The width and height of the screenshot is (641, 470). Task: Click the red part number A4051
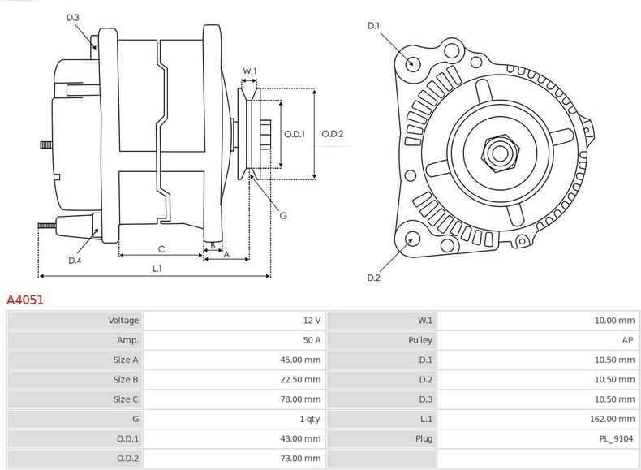coord(25,300)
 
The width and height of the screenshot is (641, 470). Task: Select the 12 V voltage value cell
coord(312,321)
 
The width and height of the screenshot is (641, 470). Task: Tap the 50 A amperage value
coord(312,340)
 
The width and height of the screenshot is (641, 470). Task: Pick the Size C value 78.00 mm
coord(300,399)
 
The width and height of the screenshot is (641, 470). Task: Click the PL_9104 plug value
coord(616,439)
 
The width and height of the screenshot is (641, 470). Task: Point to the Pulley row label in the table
coord(420,340)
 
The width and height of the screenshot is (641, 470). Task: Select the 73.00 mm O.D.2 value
coord(300,459)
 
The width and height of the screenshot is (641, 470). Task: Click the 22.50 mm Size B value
coord(300,380)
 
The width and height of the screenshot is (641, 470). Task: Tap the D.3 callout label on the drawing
coord(73,18)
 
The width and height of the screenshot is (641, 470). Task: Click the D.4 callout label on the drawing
coord(75,261)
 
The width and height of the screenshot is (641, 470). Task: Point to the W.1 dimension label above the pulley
coord(250,71)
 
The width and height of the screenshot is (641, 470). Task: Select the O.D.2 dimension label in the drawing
coord(333,134)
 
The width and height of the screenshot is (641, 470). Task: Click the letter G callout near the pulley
coord(283,216)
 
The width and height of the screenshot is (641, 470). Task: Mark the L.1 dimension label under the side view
coord(157,269)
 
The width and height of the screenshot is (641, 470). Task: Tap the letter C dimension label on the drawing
coord(161,249)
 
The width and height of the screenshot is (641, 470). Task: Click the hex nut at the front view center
coord(500,153)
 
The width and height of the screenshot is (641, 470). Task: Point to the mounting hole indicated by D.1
coord(412,63)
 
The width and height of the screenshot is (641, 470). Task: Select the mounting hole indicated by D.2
coord(412,239)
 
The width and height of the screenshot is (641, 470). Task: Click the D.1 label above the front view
coord(373,26)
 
